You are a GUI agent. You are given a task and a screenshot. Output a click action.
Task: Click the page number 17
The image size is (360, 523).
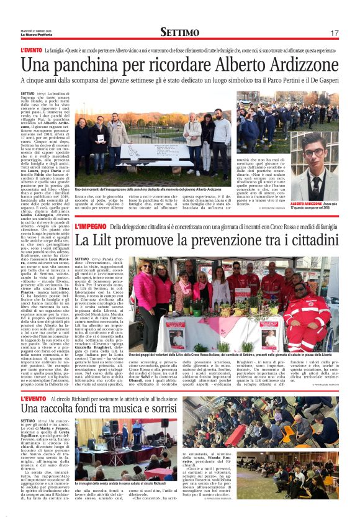pos(334,32)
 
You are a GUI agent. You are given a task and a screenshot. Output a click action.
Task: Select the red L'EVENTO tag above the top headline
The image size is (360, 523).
pos(30,49)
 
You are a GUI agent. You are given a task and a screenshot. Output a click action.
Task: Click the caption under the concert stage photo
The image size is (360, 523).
pos(115,483)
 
